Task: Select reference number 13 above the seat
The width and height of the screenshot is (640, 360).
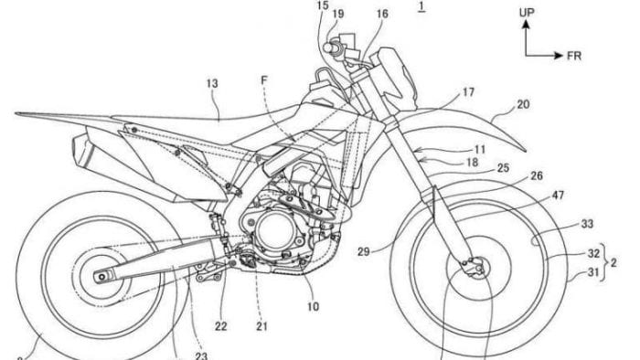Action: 212,83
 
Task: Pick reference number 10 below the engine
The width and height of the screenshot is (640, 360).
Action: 313,307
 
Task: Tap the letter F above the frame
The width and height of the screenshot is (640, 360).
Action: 265,80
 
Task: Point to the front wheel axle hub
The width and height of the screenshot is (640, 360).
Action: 473,266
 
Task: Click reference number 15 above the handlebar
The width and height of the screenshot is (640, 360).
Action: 322,5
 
